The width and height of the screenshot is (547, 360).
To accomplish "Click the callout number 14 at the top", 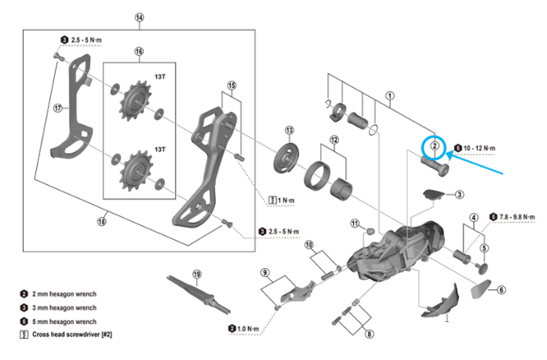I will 139,17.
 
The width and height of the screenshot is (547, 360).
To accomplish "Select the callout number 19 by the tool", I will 196,274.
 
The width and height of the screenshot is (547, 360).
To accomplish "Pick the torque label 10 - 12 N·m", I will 481,149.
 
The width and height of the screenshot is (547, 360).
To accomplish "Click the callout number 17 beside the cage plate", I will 57,106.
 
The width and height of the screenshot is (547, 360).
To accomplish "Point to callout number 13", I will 289,130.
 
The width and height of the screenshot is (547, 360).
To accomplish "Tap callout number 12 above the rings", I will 333,140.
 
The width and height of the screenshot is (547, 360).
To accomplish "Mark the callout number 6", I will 502,289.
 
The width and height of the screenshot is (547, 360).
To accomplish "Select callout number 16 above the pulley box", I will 139,51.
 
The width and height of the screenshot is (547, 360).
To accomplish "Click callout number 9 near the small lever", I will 265,272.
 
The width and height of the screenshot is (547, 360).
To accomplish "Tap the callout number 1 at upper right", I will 390,95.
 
